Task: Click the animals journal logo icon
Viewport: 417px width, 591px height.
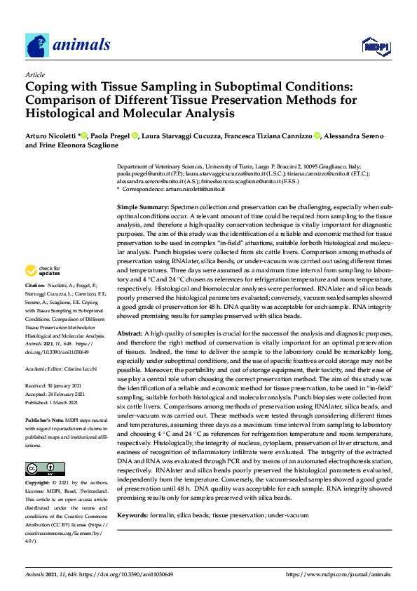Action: (x=36, y=46)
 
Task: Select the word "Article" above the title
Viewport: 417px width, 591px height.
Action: (x=34, y=74)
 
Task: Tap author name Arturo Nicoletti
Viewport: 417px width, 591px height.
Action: (x=52, y=135)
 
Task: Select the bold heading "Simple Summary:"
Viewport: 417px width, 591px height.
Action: (x=142, y=208)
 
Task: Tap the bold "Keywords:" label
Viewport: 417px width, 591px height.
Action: (x=132, y=516)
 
